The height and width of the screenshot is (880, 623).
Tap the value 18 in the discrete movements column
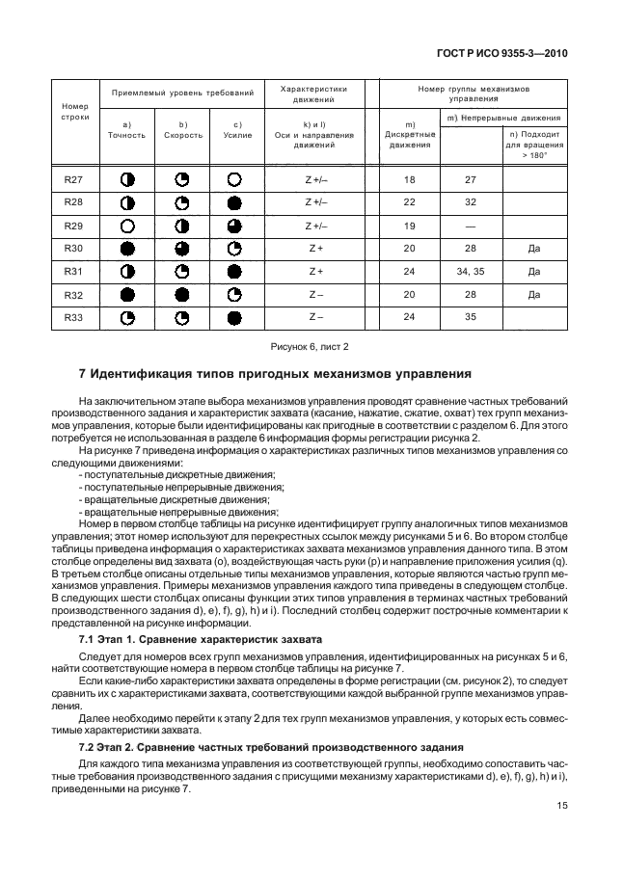(409, 179)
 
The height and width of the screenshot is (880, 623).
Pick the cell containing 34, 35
(471, 271)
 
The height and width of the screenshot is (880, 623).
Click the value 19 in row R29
(409, 225)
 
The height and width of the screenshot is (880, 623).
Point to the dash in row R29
(471, 225)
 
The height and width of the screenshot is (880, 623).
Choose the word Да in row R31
(533, 271)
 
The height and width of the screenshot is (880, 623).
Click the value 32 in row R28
(471, 201)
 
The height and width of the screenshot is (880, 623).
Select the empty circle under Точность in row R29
(126, 226)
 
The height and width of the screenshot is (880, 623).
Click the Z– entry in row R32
(315, 293)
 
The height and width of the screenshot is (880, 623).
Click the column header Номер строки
(74, 112)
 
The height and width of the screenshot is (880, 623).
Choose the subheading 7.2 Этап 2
(115, 747)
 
